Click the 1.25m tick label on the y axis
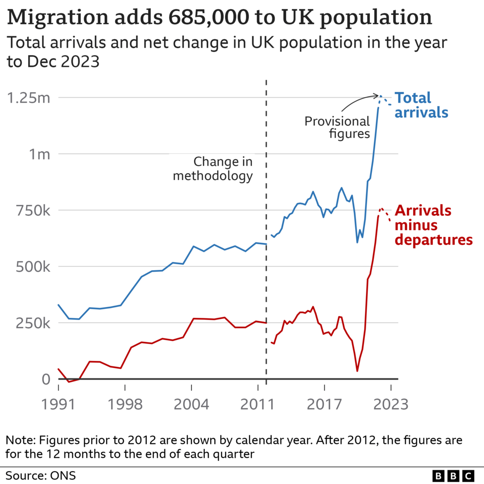coord(28,98)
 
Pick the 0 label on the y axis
coord(46,379)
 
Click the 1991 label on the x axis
coord(58,404)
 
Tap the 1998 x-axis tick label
coord(124,404)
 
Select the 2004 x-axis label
coord(191,404)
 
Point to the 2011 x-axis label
coord(258,404)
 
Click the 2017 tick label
coord(324,404)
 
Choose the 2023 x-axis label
coord(391,404)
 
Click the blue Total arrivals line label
coord(421,105)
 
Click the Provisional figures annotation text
coord(337,127)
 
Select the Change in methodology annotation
coord(213,169)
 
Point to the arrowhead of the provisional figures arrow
coord(376,96)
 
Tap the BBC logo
coord(453,475)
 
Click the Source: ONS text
coord(41,475)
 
